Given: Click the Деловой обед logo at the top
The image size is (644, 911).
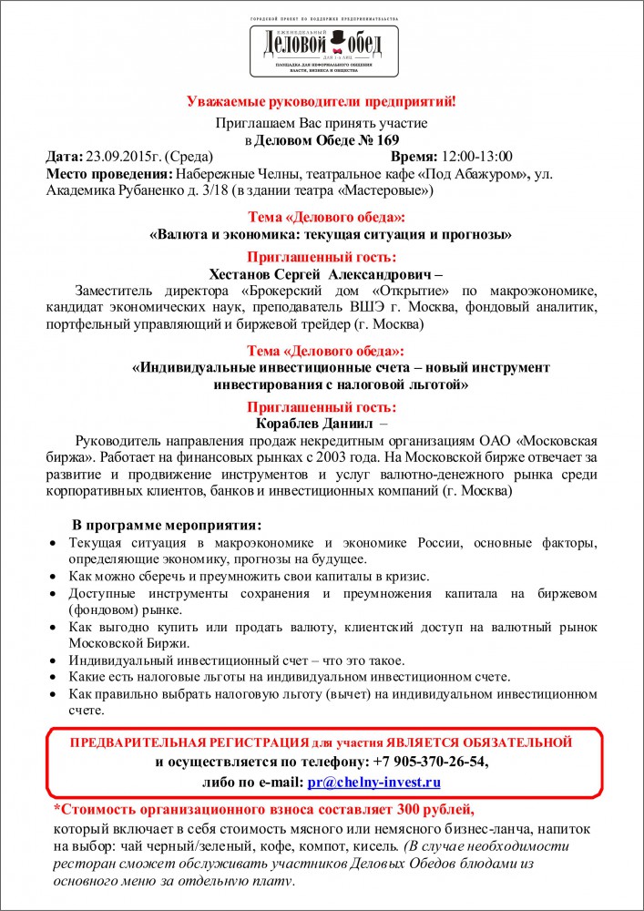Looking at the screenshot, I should coord(321,46).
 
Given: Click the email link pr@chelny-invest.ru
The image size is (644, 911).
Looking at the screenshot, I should coord(375,782).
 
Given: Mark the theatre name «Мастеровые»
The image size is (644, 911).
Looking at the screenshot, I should coord(384,190).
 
